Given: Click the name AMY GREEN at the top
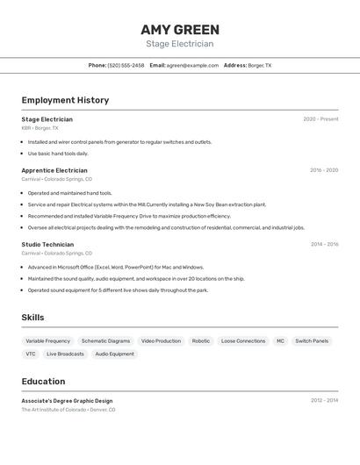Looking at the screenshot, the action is coord(179,30).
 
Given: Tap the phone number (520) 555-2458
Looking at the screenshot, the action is coord(126,65).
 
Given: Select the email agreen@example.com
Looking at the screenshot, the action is coord(192,65).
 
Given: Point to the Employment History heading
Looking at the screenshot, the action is coord(65,100).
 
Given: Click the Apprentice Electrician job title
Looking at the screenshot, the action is coord(54,170).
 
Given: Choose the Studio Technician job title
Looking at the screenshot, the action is coord(47,245).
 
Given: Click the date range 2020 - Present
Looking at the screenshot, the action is coord(320,119).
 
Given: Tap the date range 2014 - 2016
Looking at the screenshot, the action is coord(324,245).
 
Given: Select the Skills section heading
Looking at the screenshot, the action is coord(32,318).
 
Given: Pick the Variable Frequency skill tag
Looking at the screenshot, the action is coord(47,340).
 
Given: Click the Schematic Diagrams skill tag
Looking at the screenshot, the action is coord(105,340).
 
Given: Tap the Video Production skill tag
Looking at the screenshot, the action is coord(161,340).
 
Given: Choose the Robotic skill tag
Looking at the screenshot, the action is coord(200,340).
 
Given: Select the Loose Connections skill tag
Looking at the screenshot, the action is coord(243,340).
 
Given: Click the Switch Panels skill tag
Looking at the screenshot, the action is coord(312,340).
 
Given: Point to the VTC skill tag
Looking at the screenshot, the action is coord(31,354).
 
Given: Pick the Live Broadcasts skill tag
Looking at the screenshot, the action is coord(65,354).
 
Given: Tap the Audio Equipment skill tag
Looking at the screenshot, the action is coord(114,354).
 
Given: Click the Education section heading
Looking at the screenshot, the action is coord(43,382).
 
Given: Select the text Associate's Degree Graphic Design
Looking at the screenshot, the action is coord(67,400).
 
